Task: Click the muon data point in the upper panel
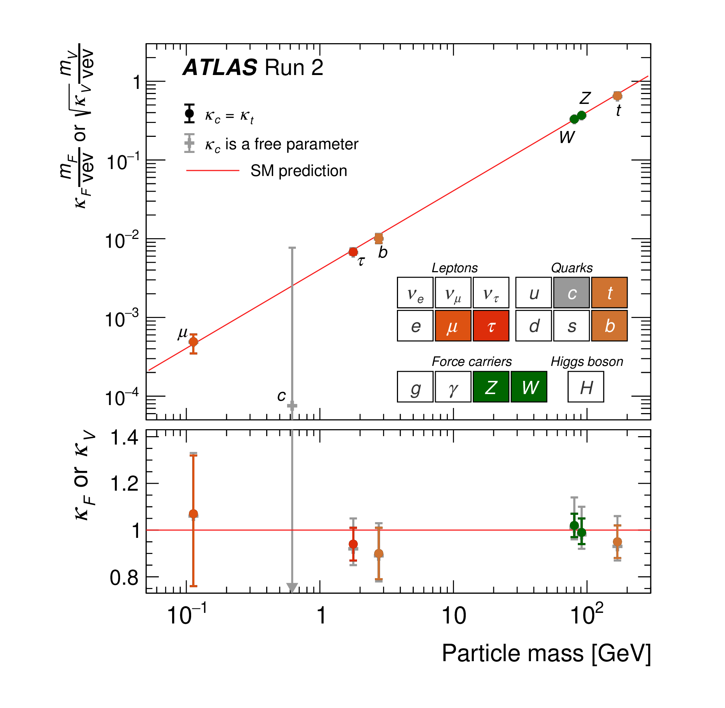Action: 193,342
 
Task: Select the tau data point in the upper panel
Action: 353,252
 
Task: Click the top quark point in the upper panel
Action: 617,95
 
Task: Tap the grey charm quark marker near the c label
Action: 292,405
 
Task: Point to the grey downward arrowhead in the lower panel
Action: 292,588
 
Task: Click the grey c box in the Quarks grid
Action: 571,293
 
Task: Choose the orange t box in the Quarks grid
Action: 609,293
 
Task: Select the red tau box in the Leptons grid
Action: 491,326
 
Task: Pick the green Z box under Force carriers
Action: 491,387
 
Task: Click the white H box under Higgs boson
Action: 586,387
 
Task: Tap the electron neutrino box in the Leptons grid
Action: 415,293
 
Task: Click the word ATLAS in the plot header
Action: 220,68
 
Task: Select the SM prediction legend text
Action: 298,171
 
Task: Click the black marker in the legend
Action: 189,113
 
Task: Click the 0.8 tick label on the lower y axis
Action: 124,578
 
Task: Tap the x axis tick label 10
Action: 453,616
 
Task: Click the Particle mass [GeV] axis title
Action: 546,664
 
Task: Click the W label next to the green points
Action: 566,138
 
